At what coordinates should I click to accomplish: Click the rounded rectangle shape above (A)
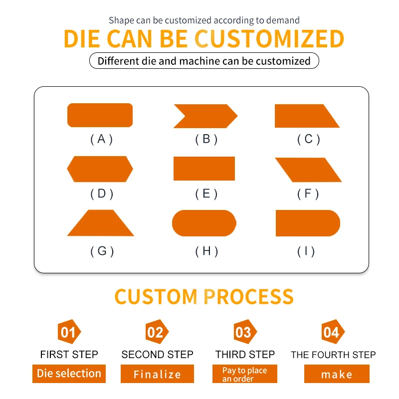pyautogui.click(x=100, y=115)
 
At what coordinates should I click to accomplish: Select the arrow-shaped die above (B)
pyautogui.click(x=205, y=116)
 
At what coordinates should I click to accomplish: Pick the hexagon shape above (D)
pyautogui.click(x=100, y=169)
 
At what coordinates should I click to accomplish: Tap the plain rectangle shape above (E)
pyautogui.click(x=204, y=169)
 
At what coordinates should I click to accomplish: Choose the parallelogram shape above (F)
pyautogui.click(x=308, y=170)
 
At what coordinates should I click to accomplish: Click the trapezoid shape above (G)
pyautogui.click(x=101, y=223)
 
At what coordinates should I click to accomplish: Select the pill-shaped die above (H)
pyautogui.click(x=204, y=223)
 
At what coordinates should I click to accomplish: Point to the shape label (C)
pyautogui.click(x=308, y=139)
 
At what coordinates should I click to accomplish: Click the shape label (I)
pyautogui.click(x=306, y=251)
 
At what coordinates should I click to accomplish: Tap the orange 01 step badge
pyautogui.click(x=69, y=332)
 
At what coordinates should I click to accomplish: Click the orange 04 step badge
pyautogui.click(x=333, y=332)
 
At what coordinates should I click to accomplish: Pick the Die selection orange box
pyautogui.click(x=69, y=374)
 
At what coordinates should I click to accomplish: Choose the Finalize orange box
pyautogui.click(x=157, y=374)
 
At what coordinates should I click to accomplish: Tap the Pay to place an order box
pyautogui.click(x=245, y=374)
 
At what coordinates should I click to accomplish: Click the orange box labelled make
pyautogui.click(x=337, y=374)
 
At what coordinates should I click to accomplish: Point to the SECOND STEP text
pyautogui.click(x=157, y=355)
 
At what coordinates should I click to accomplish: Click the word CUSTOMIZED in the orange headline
pyautogui.click(x=269, y=39)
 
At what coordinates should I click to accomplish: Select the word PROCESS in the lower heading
pyautogui.click(x=248, y=297)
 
